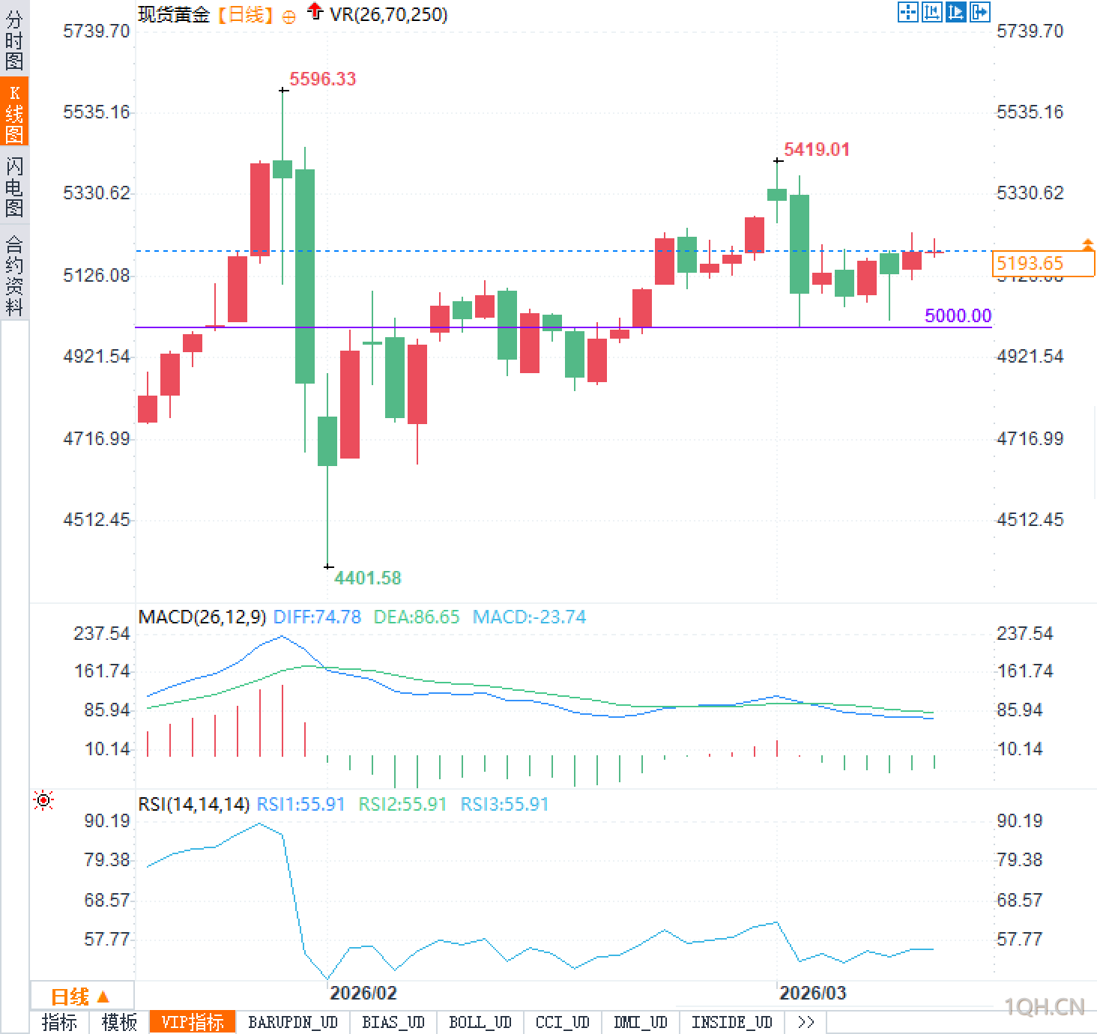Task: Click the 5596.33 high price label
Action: [322, 79]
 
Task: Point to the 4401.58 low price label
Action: [367, 578]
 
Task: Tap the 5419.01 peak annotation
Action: [816, 149]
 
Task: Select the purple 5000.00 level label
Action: [957, 315]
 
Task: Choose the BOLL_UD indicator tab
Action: [480, 1022]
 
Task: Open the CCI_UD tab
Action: [562, 1022]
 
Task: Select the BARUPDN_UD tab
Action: [293, 1022]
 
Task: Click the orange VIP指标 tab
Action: [193, 1022]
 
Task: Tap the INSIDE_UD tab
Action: [731, 1022]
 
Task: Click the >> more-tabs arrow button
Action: [806, 1022]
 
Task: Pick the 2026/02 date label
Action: [363, 993]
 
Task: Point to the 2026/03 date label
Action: [812, 993]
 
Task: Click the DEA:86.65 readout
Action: [416, 617]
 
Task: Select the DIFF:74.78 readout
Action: [317, 617]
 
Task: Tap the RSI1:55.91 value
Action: [300, 804]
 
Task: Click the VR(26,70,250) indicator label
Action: [388, 14]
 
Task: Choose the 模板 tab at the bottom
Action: [119, 1022]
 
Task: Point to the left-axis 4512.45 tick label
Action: [97, 519]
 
